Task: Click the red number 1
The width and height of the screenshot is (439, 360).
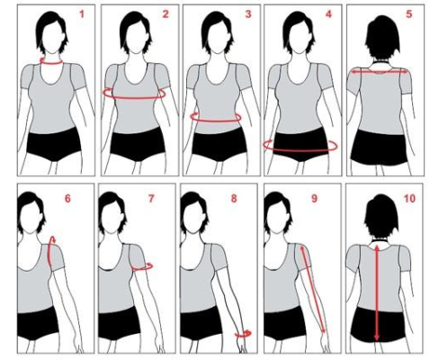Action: [x=82, y=14]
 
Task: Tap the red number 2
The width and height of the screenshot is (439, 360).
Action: [x=166, y=14]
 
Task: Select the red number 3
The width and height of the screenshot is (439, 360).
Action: [x=248, y=14]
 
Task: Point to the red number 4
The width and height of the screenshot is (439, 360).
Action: [x=329, y=14]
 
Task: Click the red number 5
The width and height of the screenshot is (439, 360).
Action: [x=409, y=14]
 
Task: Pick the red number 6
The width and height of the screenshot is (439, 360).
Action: [x=67, y=199]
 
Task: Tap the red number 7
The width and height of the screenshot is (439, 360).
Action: [x=151, y=199]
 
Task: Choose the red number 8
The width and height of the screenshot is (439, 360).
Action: [x=234, y=199]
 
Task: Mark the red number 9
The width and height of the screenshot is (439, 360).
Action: [x=314, y=199]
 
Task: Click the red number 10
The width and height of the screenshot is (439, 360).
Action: [x=409, y=199]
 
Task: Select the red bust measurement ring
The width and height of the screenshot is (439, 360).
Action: [x=134, y=97]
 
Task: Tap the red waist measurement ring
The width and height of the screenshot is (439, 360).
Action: [x=216, y=121]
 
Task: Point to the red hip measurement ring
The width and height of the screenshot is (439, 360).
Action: [x=300, y=150]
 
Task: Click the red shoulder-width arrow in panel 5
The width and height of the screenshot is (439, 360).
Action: [x=380, y=72]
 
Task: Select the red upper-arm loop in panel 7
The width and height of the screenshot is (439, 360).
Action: [x=142, y=270]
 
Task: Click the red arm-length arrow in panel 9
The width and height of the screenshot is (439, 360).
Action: [x=313, y=290]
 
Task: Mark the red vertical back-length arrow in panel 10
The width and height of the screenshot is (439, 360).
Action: [x=377, y=292]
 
